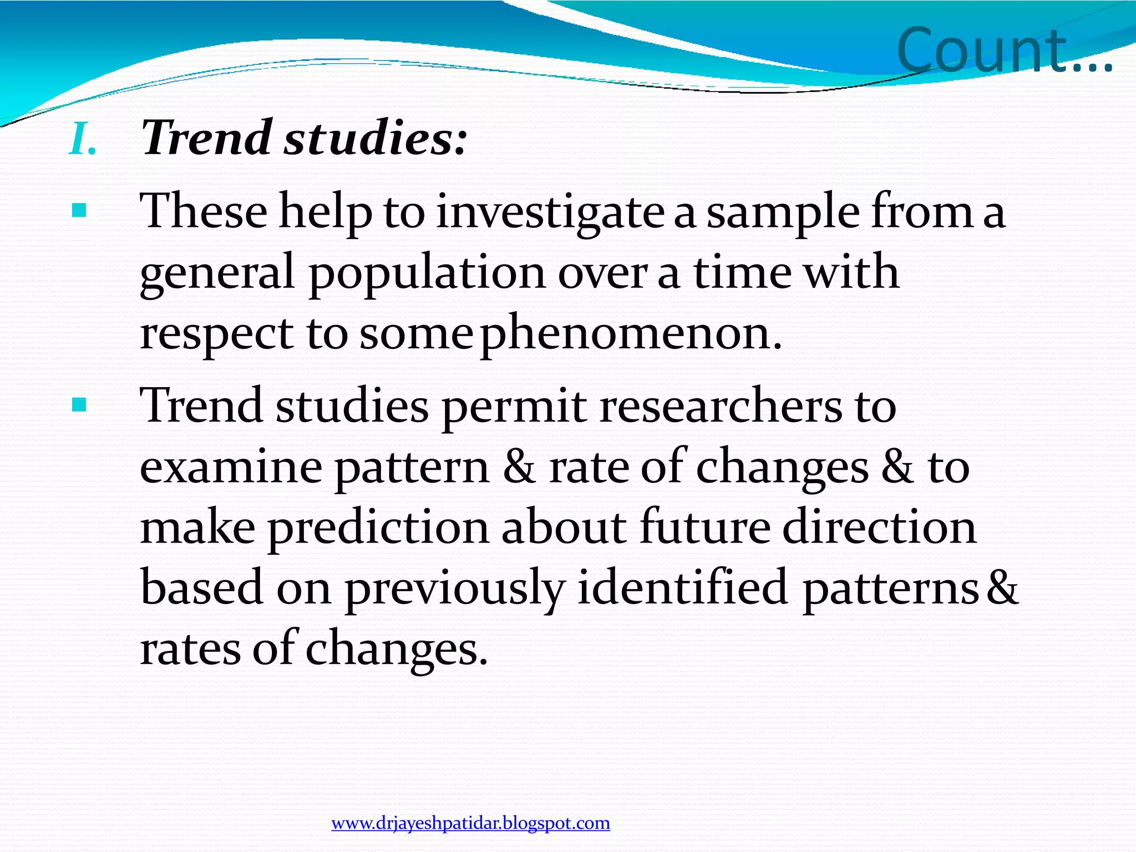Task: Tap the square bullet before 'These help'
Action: click(x=79, y=211)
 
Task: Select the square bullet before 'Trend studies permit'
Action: click(x=79, y=405)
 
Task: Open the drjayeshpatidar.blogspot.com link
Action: click(x=470, y=823)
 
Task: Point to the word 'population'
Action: click(x=427, y=273)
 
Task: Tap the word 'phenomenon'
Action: click(x=631, y=334)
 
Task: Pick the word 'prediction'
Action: click(x=378, y=528)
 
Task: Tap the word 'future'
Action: click(x=705, y=528)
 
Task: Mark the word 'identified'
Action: click(x=683, y=587)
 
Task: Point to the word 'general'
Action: click(x=217, y=275)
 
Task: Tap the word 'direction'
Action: click(x=879, y=528)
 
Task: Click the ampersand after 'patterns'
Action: click(x=1002, y=587)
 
